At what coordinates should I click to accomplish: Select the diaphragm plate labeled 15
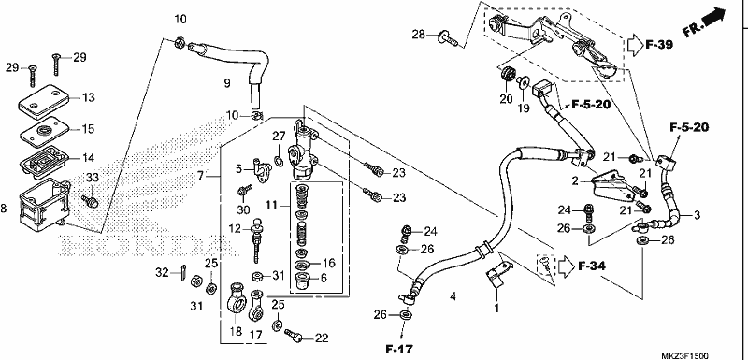click(44, 131)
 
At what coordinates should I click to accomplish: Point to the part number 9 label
click(227, 83)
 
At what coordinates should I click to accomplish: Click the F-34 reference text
click(592, 266)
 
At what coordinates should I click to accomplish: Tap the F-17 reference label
click(399, 349)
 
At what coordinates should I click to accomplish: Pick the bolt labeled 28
click(448, 37)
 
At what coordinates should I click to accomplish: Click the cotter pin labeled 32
click(184, 274)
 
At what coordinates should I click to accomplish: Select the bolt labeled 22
click(294, 335)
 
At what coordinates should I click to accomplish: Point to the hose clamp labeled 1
click(497, 275)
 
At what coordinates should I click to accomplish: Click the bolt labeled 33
click(90, 201)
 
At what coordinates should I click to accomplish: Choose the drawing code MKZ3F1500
click(684, 355)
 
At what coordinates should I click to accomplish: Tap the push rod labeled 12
click(256, 239)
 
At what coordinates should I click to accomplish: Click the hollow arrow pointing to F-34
click(567, 266)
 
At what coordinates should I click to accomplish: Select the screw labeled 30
click(245, 191)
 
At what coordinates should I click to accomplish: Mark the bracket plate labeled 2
click(610, 185)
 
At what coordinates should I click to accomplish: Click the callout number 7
click(201, 177)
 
